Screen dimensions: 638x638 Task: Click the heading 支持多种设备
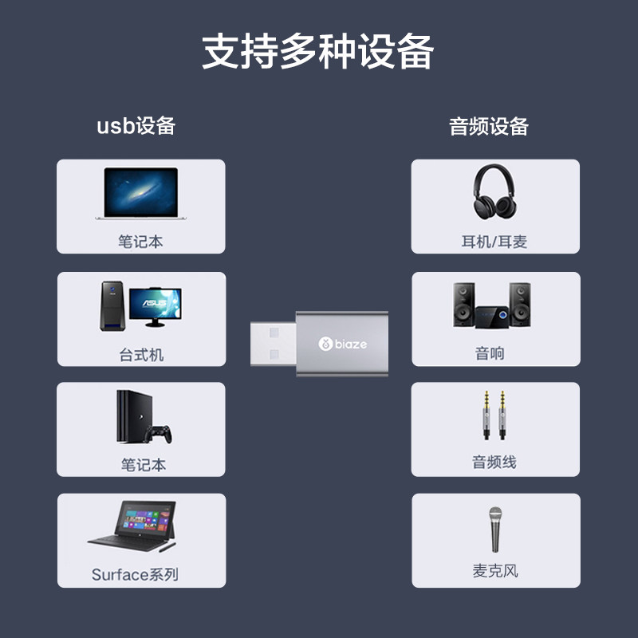click(317, 51)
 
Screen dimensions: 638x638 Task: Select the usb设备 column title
click(136, 126)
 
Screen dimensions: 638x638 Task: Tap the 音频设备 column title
click(489, 126)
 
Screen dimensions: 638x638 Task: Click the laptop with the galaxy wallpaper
click(141, 194)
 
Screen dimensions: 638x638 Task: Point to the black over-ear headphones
click(494, 191)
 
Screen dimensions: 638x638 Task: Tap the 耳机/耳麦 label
click(494, 242)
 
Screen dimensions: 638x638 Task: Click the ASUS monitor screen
click(156, 304)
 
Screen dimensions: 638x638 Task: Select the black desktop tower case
click(112, 305)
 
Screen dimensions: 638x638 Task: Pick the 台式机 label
click(141, 355)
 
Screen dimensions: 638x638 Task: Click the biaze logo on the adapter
click(343, 344)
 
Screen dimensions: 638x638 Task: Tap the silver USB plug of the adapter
click(274, 344)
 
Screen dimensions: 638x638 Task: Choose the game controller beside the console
click(158, 434)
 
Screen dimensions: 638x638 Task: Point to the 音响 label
click(490, 353)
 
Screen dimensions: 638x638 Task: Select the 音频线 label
click(494, 463)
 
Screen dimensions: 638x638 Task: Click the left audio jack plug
click(486, 415)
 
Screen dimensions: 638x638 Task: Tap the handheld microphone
click(495, 529)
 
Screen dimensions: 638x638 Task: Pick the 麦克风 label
click(495, 571)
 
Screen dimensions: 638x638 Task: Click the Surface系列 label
click(135, 574)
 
